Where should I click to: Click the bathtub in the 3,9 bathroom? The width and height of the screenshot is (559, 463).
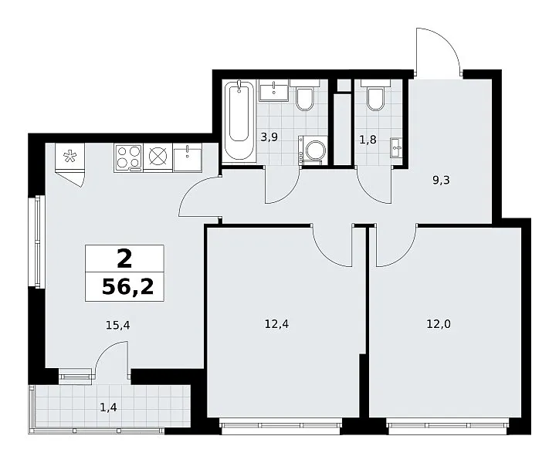point(239,121)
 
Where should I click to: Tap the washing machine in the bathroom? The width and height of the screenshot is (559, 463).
point(313,150)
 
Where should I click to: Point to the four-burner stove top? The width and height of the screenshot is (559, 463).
point(128,157)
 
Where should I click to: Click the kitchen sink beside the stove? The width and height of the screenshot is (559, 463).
point(188,157)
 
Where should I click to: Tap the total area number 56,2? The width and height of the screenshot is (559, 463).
point(127,286)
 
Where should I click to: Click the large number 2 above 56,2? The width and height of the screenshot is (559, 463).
point(124,259)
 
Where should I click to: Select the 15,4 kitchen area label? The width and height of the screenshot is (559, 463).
point(118,325)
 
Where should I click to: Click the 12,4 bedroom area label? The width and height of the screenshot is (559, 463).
point(276,324)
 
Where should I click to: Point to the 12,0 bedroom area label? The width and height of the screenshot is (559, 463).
point(439,324)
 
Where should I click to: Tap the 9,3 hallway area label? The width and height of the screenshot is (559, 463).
point(442,181)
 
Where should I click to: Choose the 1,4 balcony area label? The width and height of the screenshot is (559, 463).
point(108,407)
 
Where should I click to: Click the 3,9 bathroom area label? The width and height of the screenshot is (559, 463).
point(269,137)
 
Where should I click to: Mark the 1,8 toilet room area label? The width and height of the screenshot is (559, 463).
point(368,140)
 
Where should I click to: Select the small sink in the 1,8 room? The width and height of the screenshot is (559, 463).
point(396,147)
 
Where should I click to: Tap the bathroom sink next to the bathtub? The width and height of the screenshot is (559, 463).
point(273,90)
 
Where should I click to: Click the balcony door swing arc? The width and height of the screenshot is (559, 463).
point(107,351)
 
